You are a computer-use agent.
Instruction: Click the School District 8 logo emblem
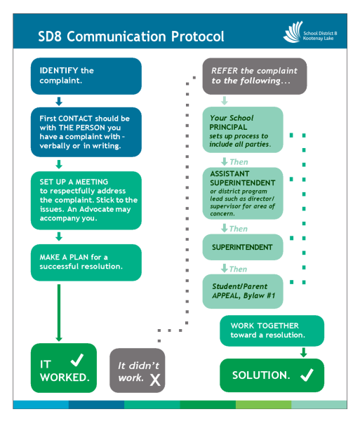coord(293,32)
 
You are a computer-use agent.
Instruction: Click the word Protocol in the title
coord(197,36)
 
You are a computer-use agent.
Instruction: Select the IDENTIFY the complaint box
coord(86,76)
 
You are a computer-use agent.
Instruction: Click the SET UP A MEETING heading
coord(74,182)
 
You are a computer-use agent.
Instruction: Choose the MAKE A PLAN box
coord(86,262)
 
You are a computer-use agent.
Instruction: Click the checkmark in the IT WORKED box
coord(77,360)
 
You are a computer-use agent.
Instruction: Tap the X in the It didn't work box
coord(155,380)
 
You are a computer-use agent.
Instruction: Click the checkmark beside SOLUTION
coord(307,375)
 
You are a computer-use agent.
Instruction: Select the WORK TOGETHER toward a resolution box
coord(272,330)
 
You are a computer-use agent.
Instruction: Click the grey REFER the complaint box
coord(255,76)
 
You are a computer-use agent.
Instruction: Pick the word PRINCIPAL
coord(228,127)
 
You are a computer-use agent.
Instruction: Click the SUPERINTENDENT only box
coord(243,247)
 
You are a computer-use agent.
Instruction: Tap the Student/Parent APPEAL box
coord(243,291)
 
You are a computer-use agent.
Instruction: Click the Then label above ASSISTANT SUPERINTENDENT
coord(239,162)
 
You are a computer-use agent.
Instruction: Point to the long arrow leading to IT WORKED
coord(59,313)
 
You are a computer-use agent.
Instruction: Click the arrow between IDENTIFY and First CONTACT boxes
coord(59,101)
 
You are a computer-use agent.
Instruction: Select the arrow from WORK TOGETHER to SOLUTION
coord(304,352)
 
